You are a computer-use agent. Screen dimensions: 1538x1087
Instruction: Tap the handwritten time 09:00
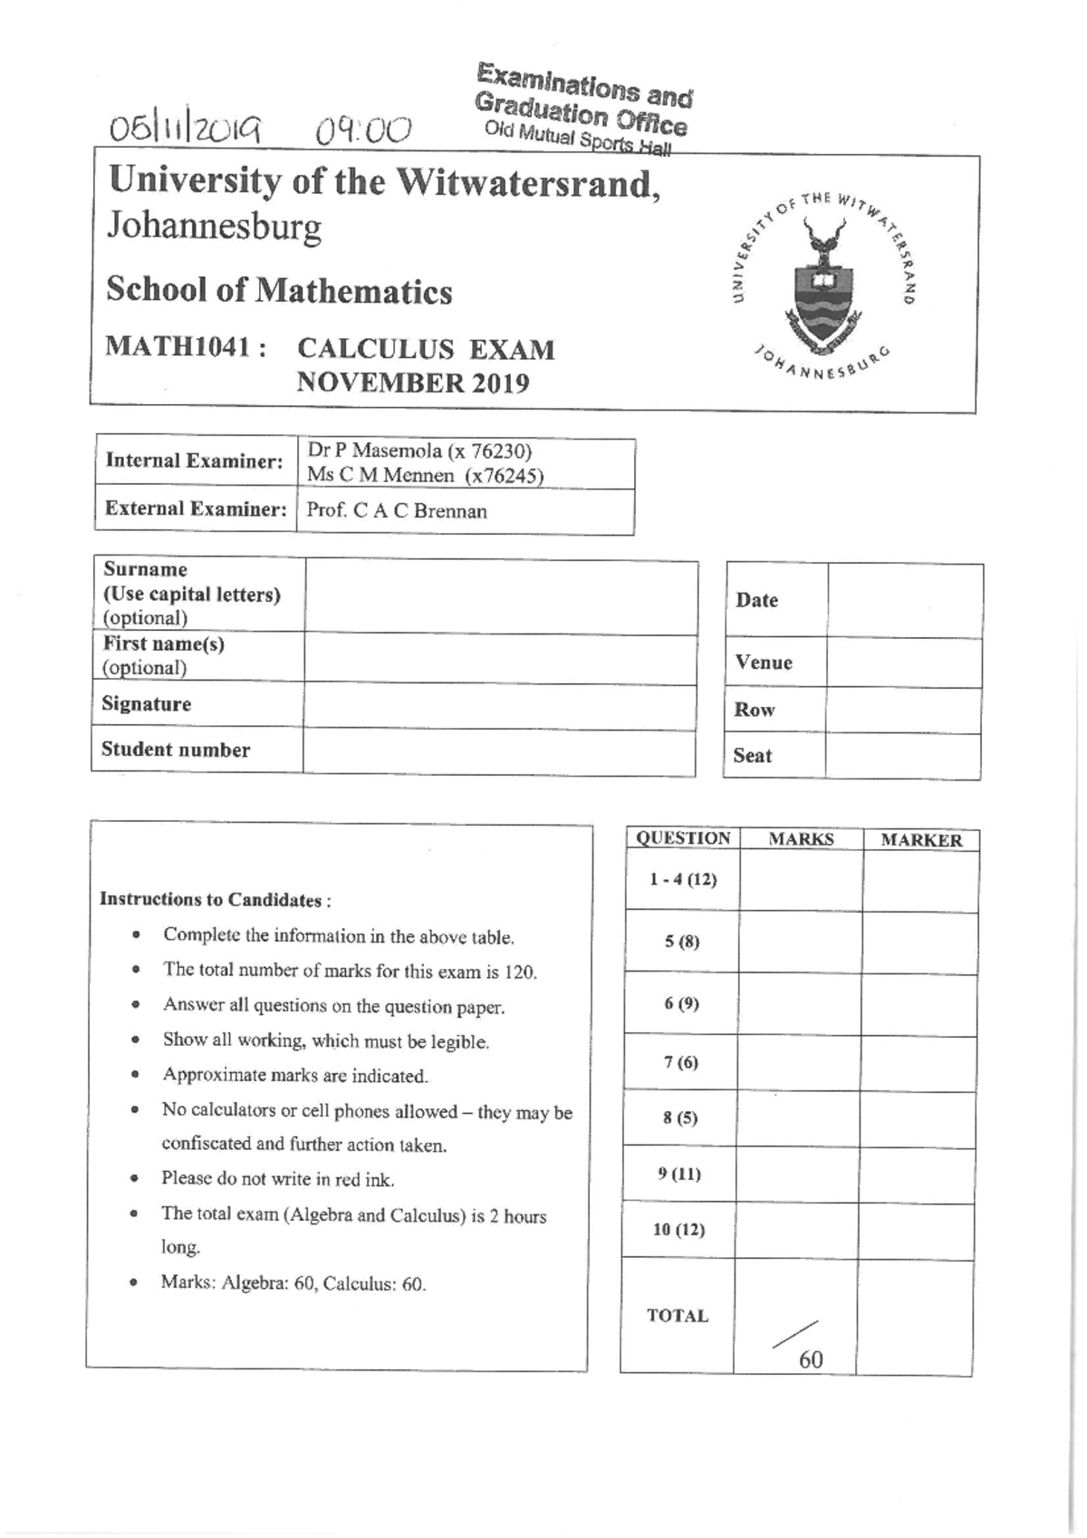362,131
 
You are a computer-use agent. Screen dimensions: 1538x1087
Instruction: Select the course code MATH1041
185,347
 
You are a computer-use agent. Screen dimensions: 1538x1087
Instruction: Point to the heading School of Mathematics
279,291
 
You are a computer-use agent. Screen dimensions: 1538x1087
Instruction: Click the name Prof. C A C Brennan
397,510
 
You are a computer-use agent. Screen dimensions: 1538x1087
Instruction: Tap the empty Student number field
498,752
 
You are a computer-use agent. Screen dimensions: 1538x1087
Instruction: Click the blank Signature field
498,706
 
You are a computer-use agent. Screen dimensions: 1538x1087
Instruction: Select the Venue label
764,663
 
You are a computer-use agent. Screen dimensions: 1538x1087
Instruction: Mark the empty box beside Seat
902,756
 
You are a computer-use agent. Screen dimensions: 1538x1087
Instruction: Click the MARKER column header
920,840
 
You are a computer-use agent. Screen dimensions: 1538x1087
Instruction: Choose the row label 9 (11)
679,1175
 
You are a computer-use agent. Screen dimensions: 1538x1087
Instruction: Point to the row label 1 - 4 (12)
683,879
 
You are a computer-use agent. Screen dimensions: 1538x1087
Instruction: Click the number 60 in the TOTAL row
811,1359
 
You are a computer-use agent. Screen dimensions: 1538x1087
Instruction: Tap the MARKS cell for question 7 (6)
800,1063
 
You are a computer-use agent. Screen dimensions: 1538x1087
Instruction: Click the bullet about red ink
277,1179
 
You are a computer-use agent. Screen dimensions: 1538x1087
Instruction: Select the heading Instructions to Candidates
215,900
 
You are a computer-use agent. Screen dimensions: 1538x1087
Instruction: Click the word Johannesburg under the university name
215,226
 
